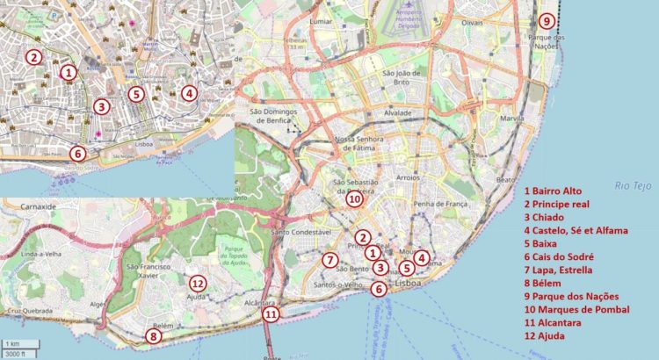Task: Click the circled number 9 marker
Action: coord(547,21)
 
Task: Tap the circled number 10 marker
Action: coord(353,199)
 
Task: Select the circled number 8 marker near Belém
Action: coord(154,335)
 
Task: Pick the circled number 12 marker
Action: coord(198,283)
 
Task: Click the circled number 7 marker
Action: coord(329,259)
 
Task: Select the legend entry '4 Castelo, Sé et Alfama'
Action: coord(576,231)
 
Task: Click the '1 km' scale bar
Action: coord(12,342)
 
